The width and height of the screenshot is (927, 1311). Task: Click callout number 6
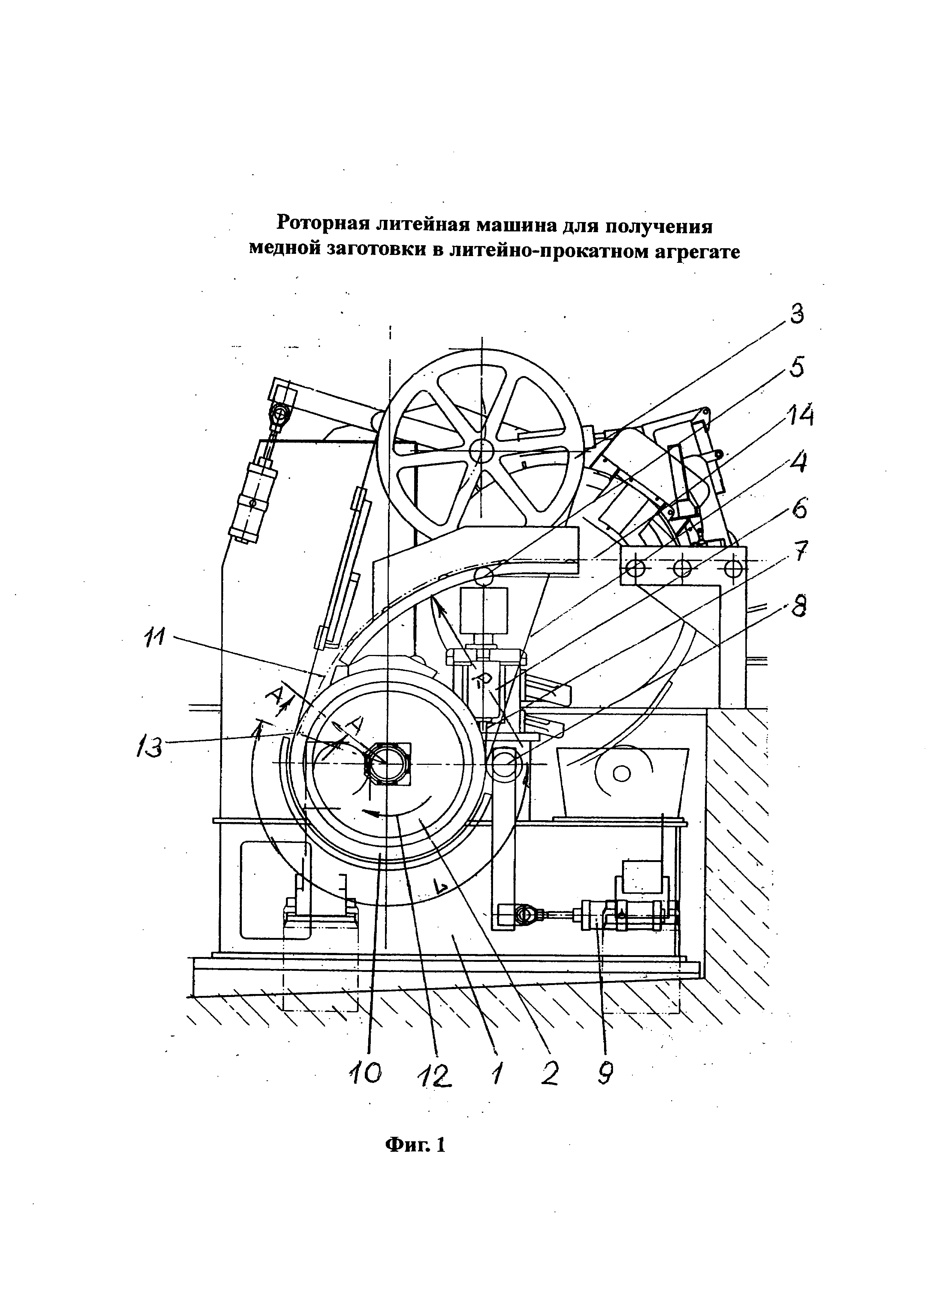pos(798,508)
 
